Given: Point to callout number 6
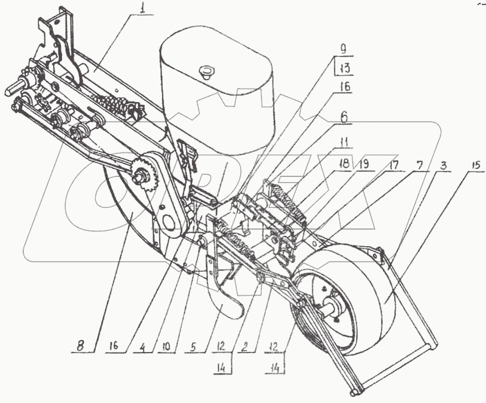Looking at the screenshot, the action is click(x=344, y=115).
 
